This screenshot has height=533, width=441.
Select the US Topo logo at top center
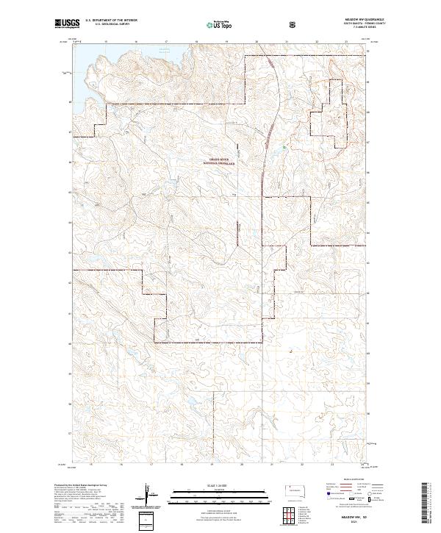[220, 25]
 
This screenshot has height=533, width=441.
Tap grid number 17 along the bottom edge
[151, 464]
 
